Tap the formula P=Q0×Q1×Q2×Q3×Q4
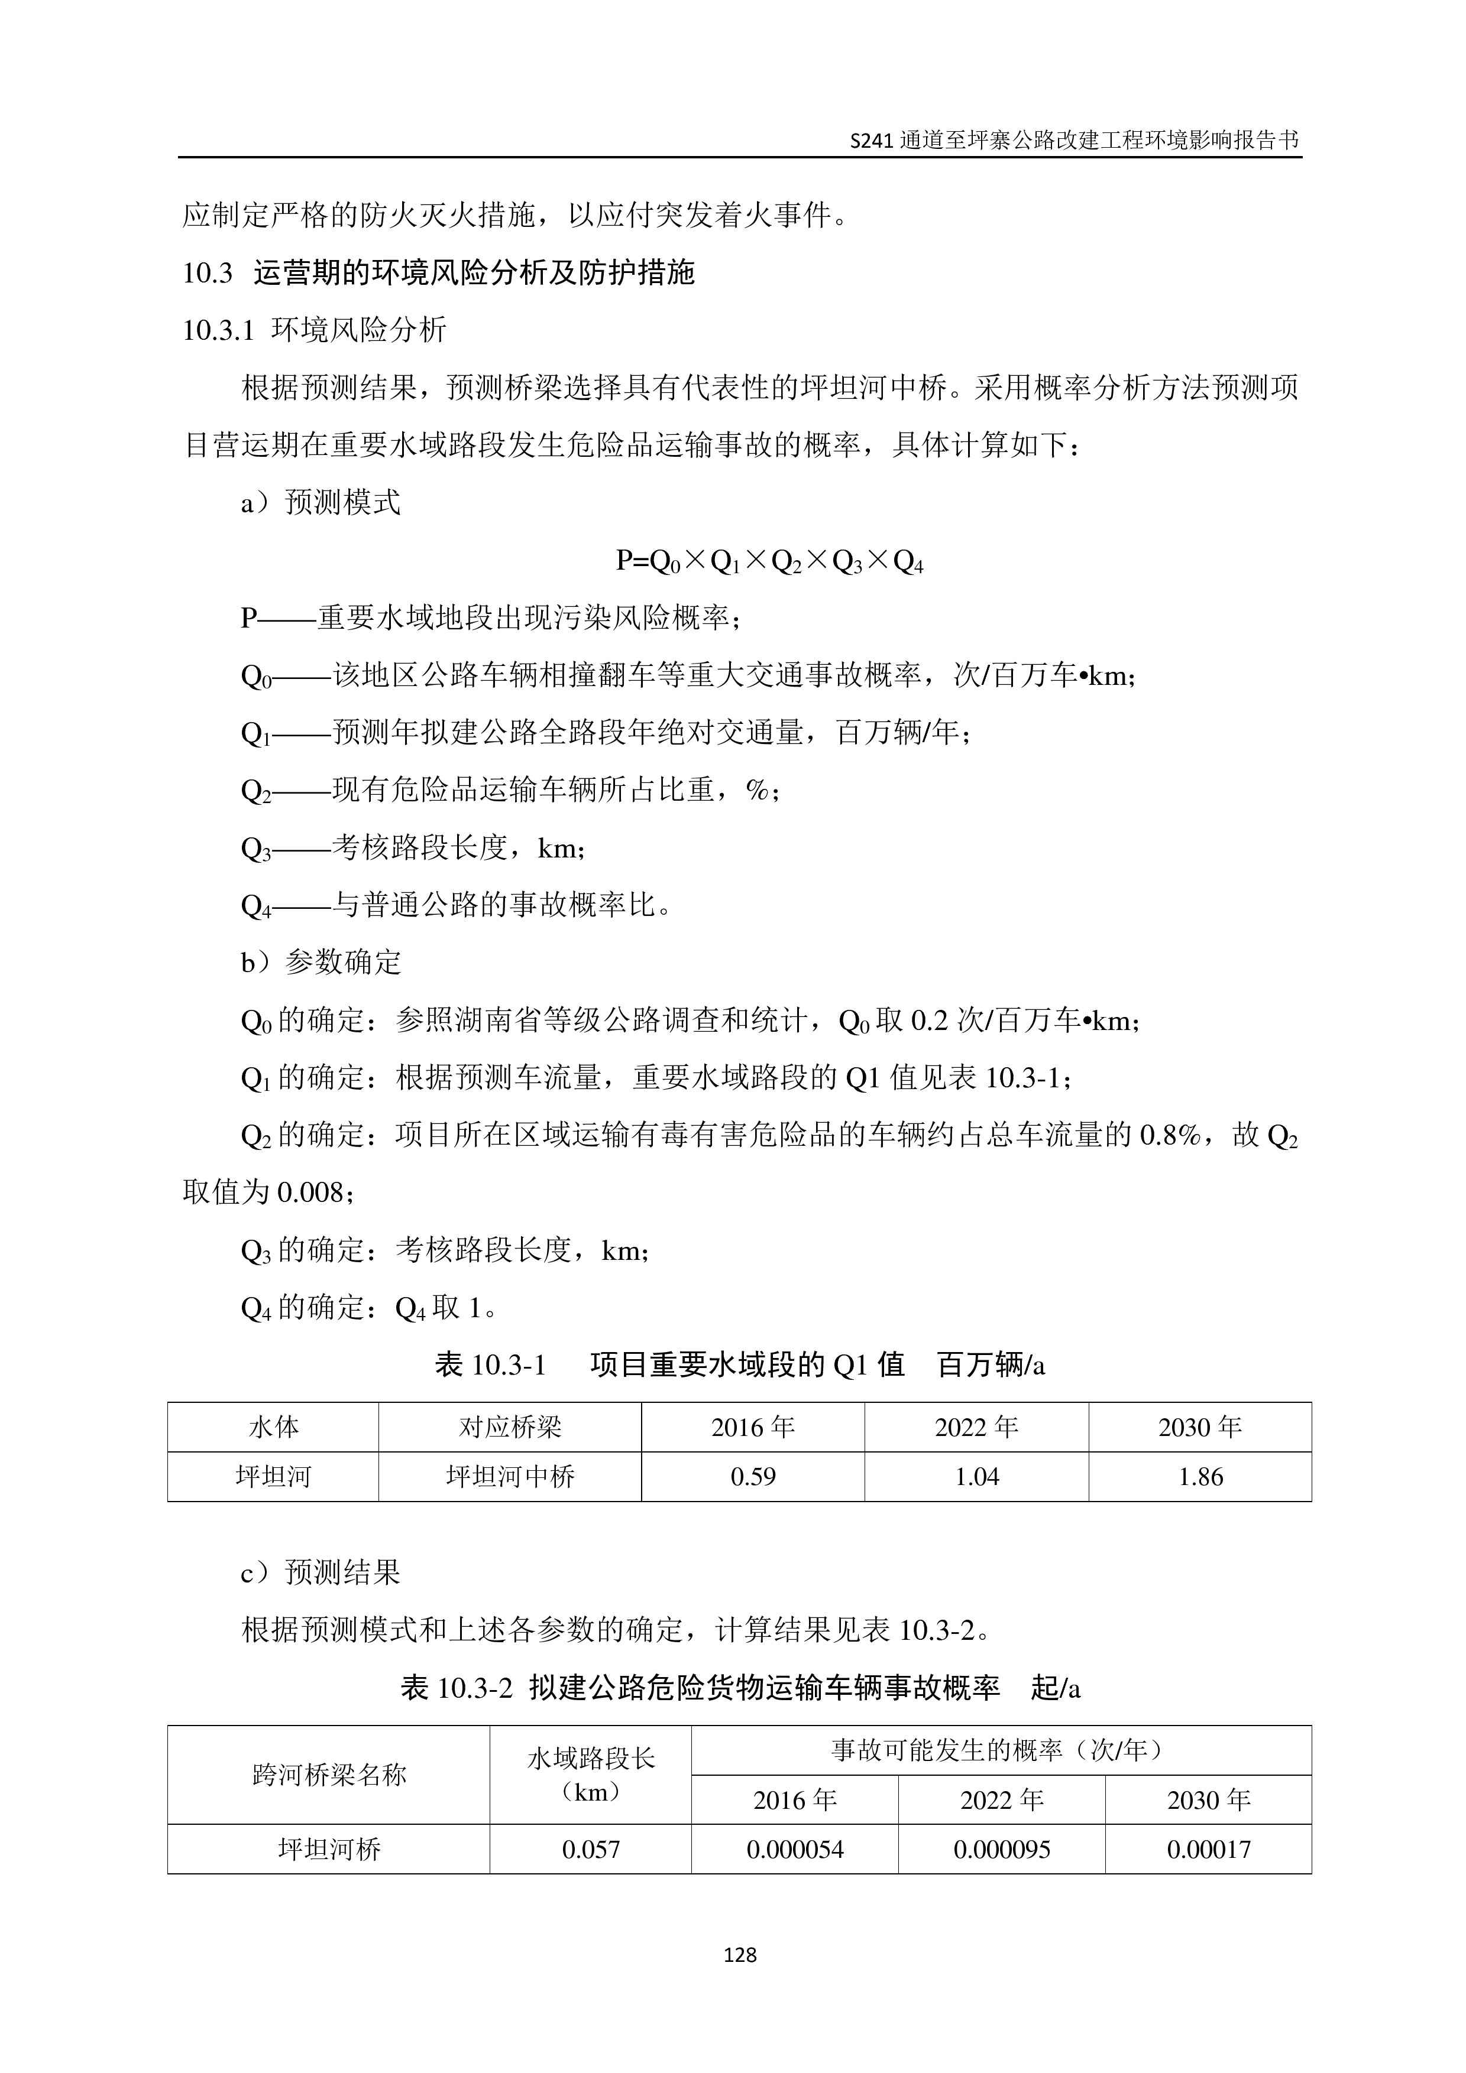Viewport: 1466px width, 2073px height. (x=769, y=561)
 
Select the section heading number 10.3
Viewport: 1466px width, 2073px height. (x=208, y=272)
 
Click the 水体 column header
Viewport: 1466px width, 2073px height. (x=273, y=1427)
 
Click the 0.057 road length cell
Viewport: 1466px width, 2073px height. (x=591, y=1849)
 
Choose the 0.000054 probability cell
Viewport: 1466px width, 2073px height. (x=795, y=1849)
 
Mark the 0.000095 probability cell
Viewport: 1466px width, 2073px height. (x=1002, y=1849)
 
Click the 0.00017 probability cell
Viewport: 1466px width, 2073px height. (x=1209, y=1849)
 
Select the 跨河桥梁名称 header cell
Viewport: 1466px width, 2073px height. (x=329, y=1775)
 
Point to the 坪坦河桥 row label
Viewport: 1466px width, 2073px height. (x=329, y=1849)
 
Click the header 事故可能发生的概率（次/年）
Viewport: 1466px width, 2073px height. (x=1001, y=1750)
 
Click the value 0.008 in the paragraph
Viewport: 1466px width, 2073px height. (x=310, y=1193)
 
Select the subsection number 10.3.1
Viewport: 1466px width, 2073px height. (x=219, y=330)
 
